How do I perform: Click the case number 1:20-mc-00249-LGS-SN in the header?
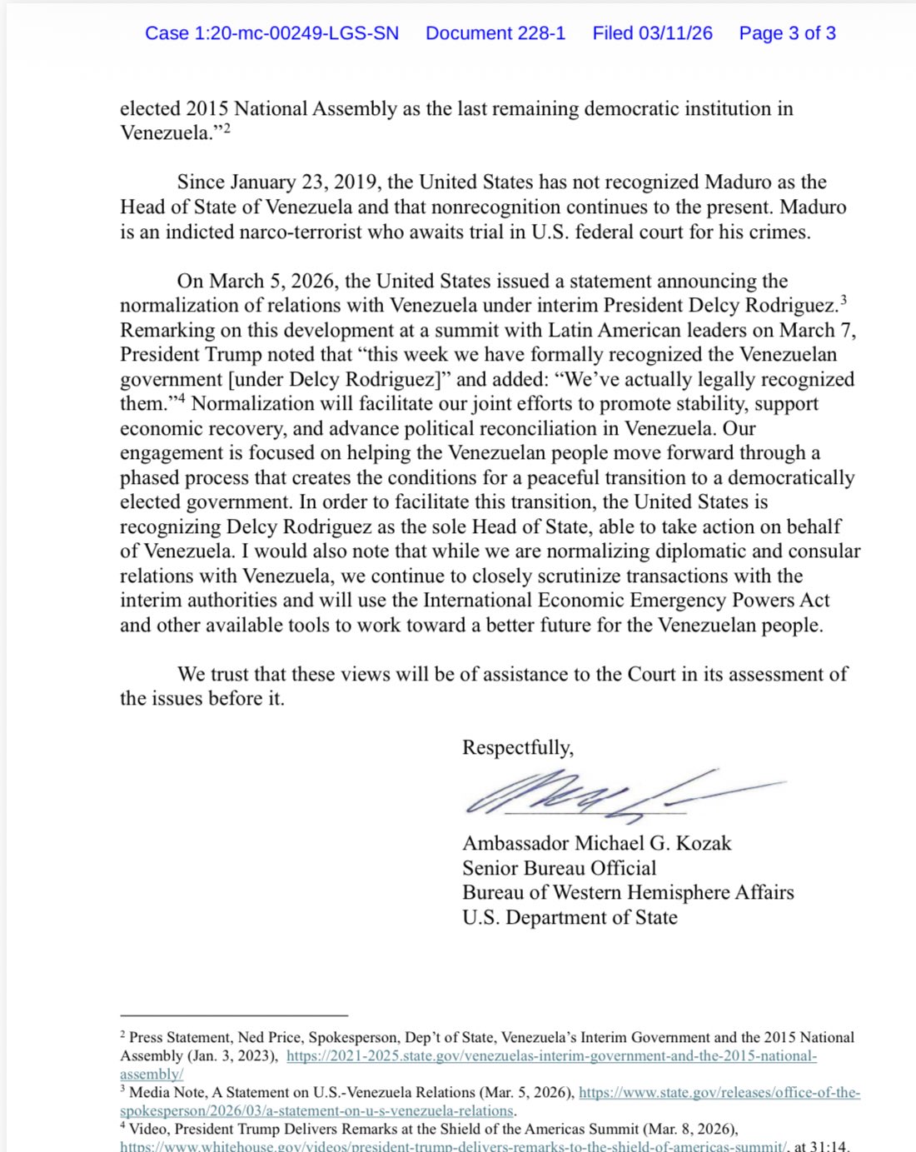271,33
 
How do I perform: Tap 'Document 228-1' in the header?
495,33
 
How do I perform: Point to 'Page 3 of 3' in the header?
787,33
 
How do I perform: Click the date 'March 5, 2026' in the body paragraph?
273,281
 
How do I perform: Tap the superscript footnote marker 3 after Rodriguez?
844,300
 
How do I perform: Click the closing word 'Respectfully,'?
518,747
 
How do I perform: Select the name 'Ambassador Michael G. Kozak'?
596,843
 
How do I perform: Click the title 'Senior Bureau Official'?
560,868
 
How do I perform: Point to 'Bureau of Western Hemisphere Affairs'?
628,893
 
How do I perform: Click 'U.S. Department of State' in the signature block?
570,917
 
